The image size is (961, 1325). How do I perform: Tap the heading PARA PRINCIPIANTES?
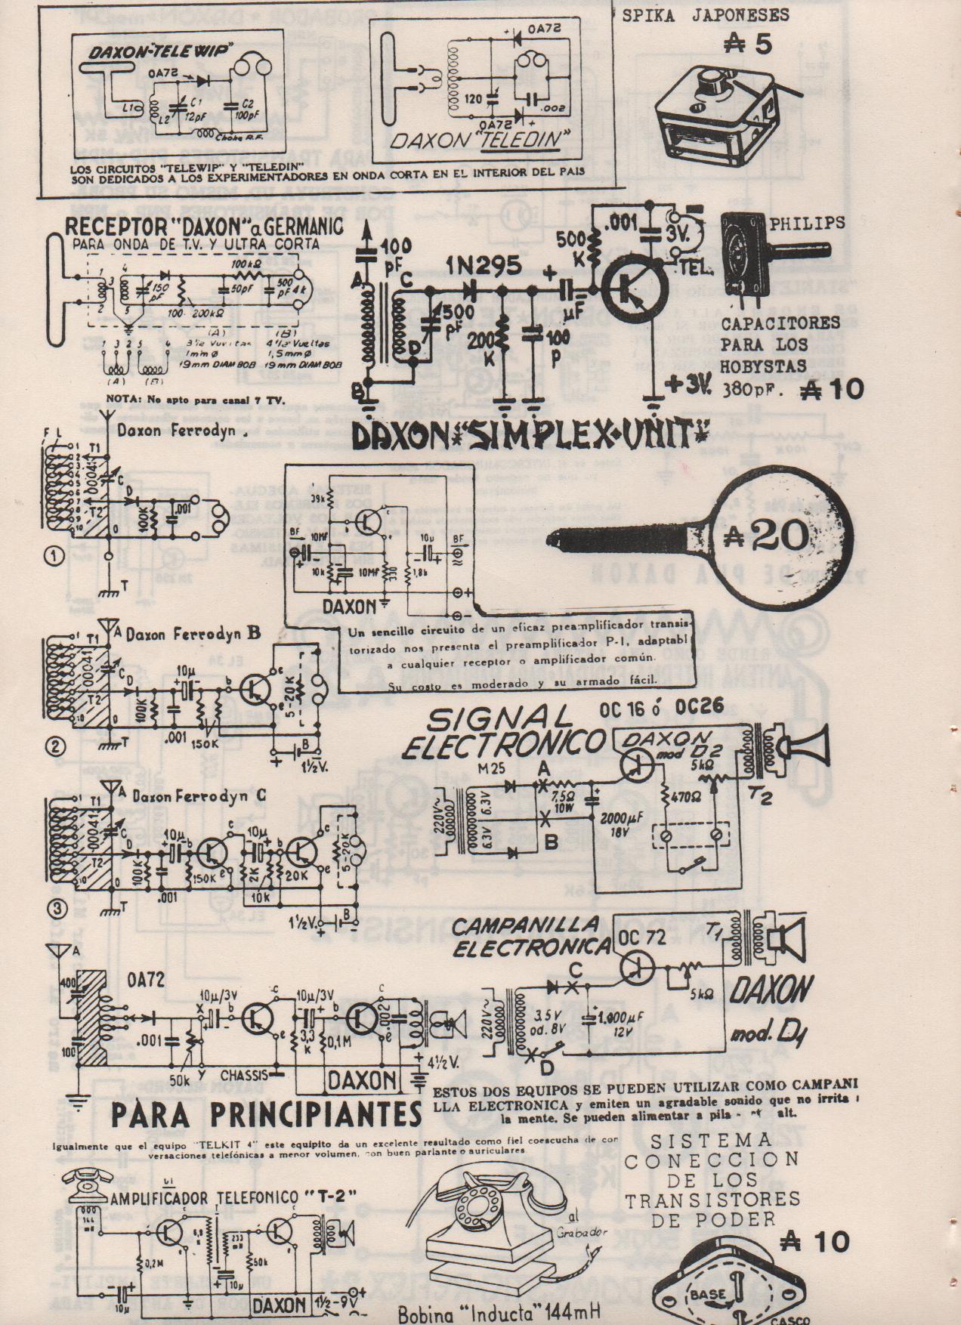coord(266,1113)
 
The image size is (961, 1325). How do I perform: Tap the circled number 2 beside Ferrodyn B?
coord(54,746)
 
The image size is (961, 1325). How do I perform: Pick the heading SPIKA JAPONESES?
coord(705,14)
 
